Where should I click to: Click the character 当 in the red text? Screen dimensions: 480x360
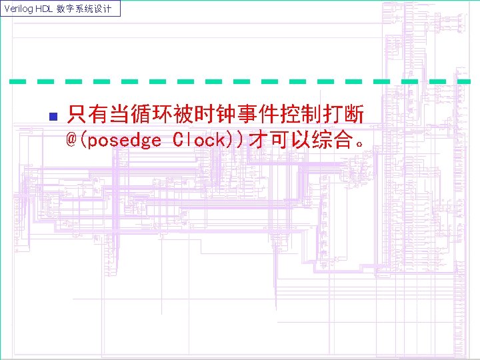click(120, 116)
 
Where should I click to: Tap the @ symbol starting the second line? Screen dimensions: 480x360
click(71, 140)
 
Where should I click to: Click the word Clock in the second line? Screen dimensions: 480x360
click(198, 141)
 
